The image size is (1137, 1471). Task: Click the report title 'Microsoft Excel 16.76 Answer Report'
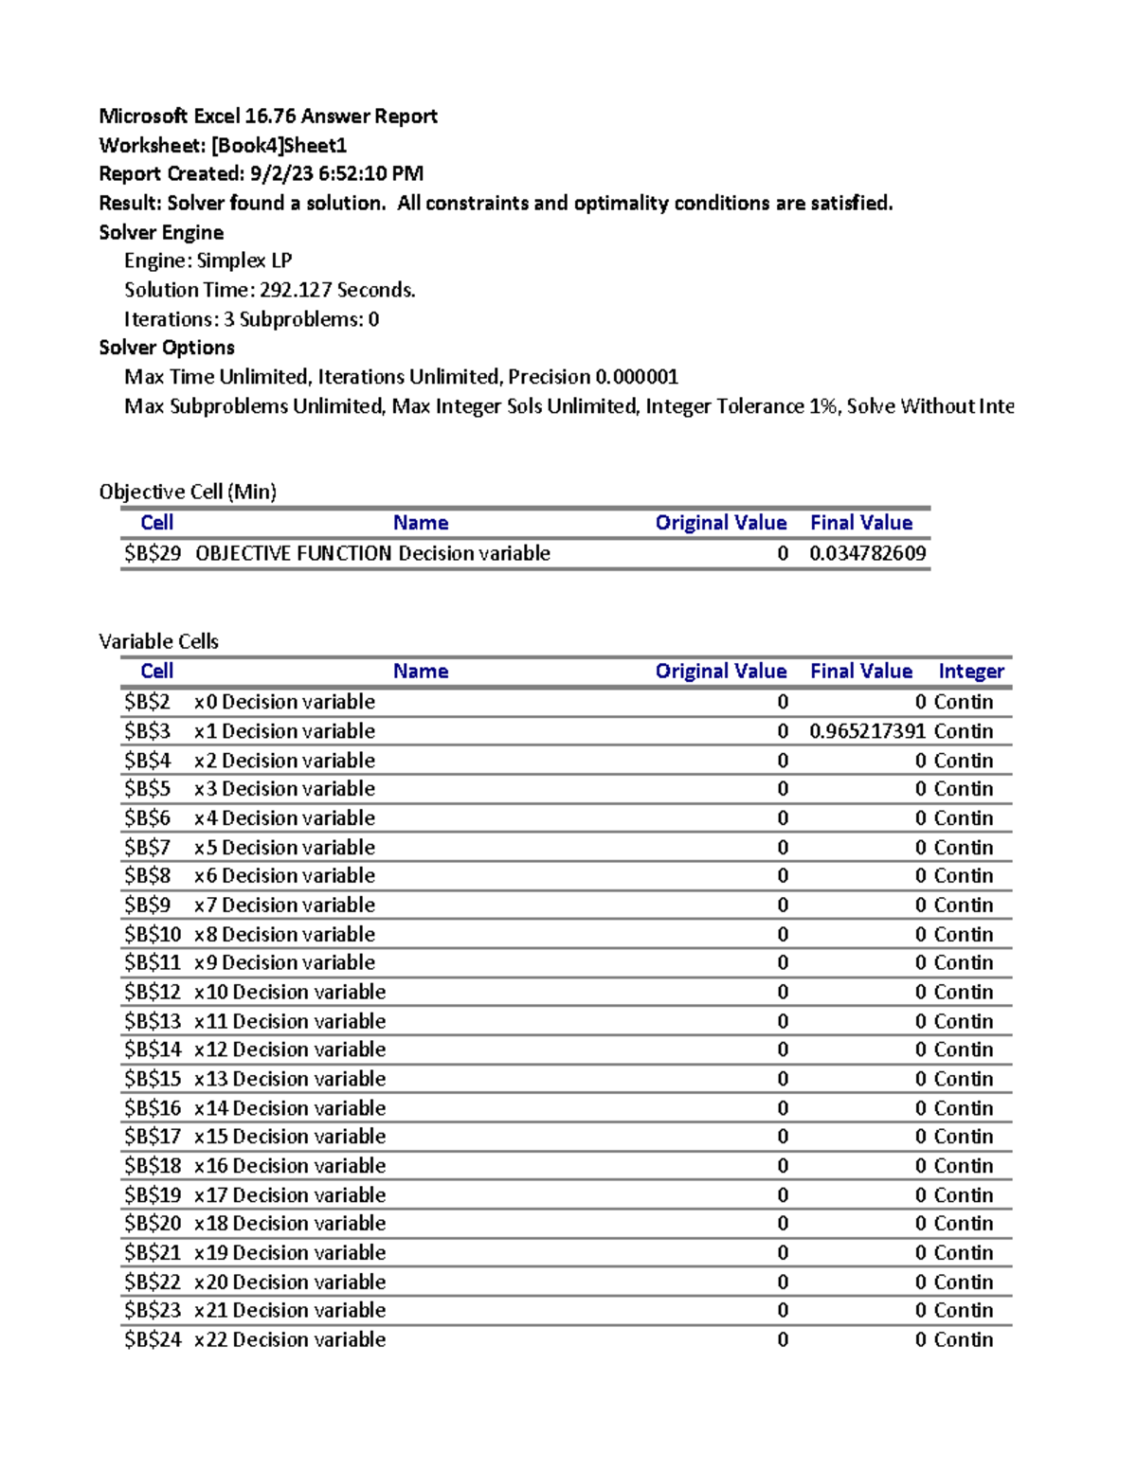268,117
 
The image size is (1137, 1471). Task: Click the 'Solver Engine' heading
161,233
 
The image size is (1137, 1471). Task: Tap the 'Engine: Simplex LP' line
208,261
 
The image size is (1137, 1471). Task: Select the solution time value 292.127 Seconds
337,290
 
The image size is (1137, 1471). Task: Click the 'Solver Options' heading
167,348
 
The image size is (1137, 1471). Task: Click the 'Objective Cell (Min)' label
188,492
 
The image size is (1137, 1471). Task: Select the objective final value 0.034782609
867,553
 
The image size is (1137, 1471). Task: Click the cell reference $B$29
152,553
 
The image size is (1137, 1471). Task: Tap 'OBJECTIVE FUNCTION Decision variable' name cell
372,553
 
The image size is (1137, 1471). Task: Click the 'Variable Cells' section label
158,641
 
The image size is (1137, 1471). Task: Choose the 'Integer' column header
970,672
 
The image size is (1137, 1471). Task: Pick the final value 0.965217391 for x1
867,731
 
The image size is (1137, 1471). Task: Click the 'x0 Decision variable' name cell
284,702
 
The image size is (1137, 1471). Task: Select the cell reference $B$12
152,992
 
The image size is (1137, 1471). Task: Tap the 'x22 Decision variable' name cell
290,1339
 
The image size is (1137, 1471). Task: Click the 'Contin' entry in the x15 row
963,1137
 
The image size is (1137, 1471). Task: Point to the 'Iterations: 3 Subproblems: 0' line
251,319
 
